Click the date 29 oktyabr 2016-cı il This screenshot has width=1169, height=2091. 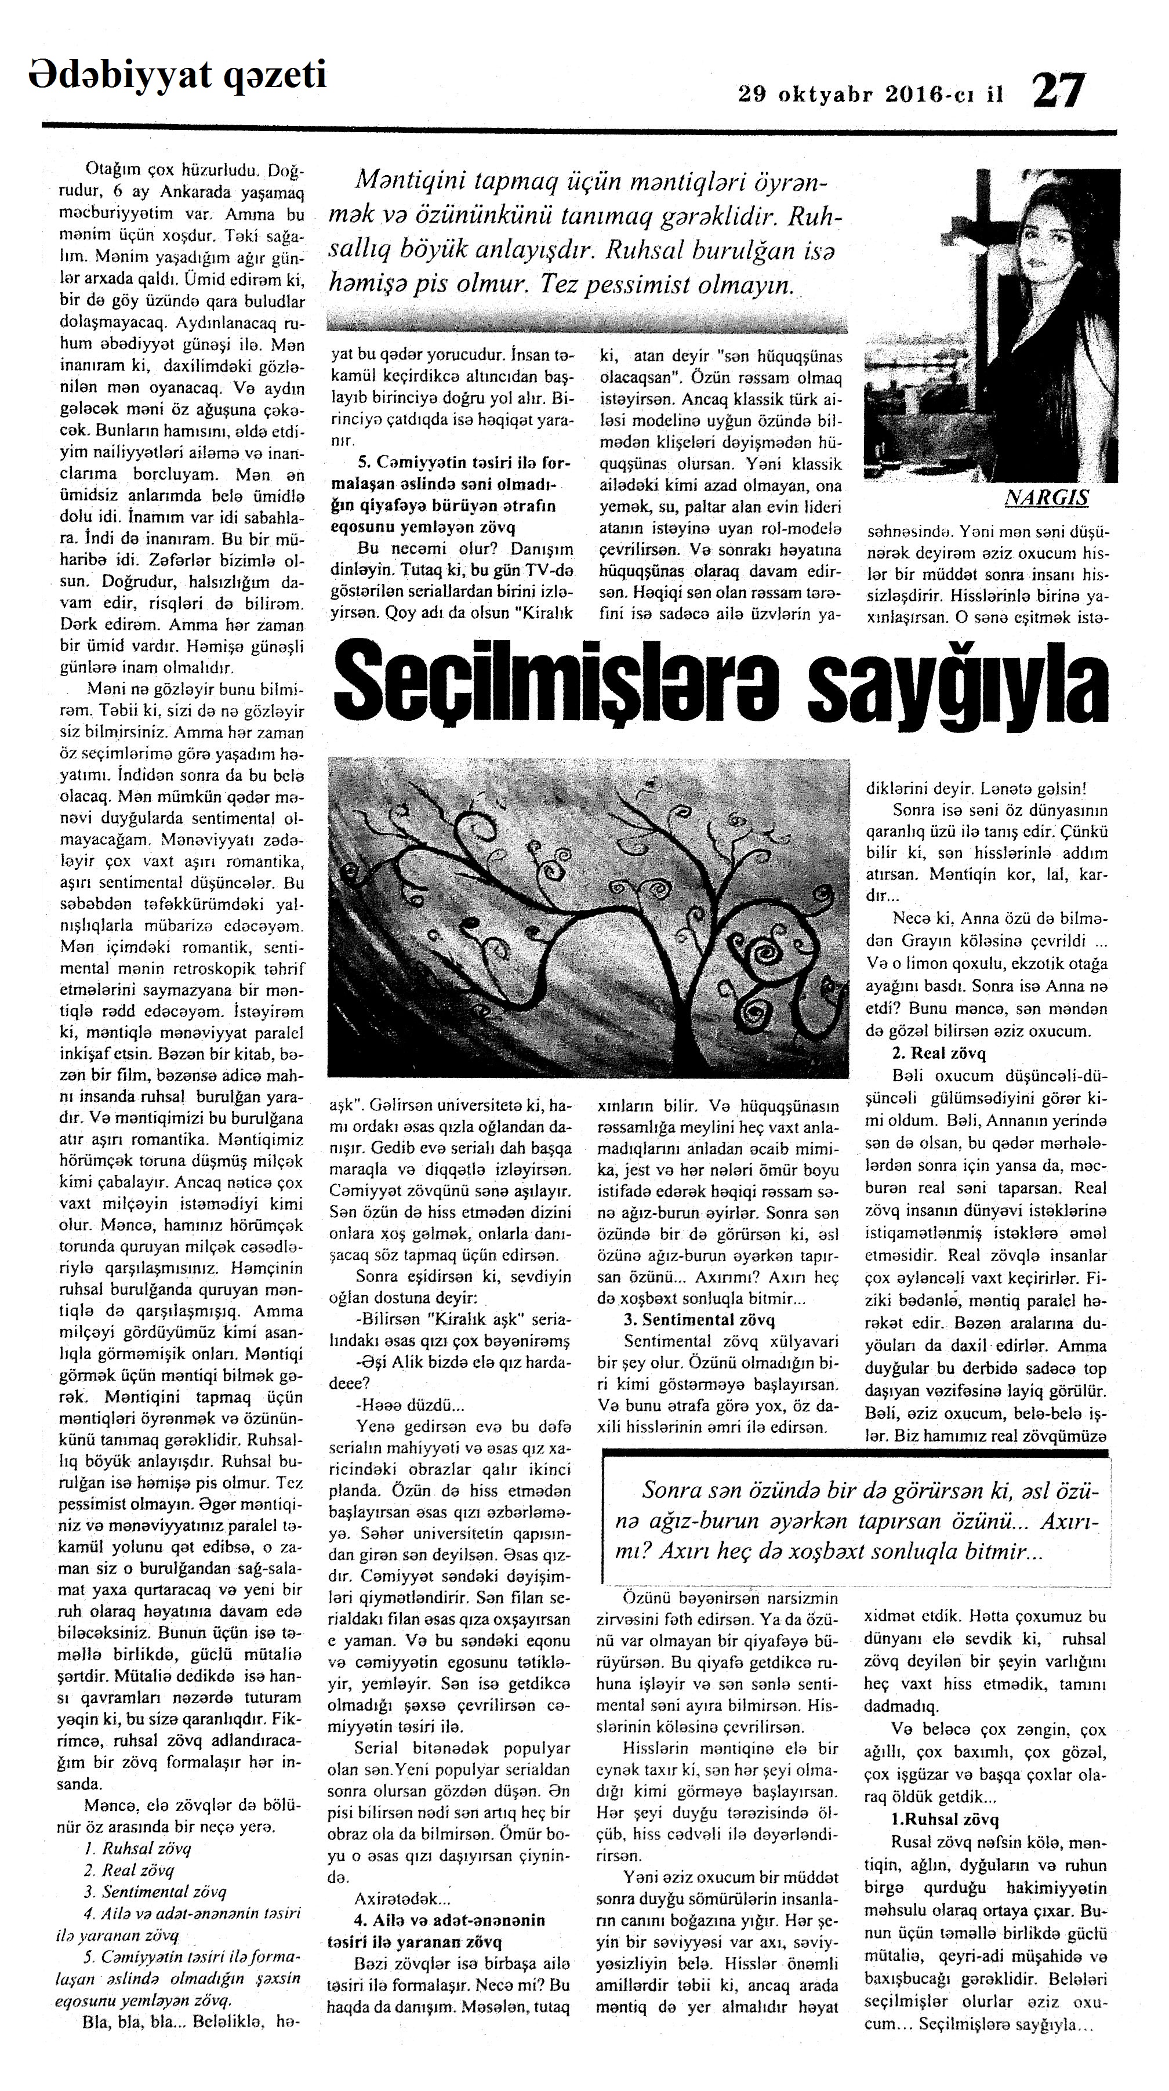pos(870,95)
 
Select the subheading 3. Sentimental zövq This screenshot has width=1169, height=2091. pos(699,1320)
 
